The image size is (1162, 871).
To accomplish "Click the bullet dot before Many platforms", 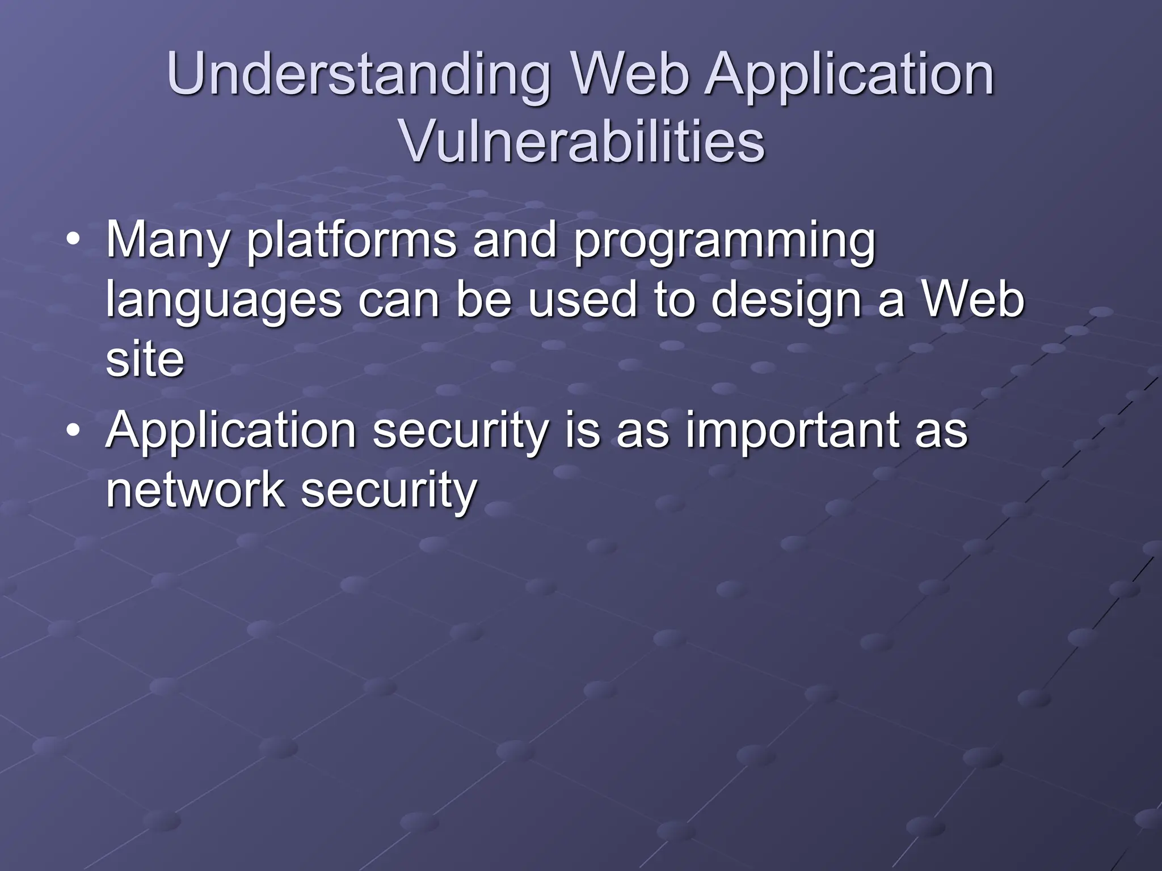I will coord(73,242).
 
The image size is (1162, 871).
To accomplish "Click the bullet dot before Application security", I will coord(73,432).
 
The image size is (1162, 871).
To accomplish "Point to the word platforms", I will coord(351,242).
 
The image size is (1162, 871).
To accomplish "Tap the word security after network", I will coord(389,492).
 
